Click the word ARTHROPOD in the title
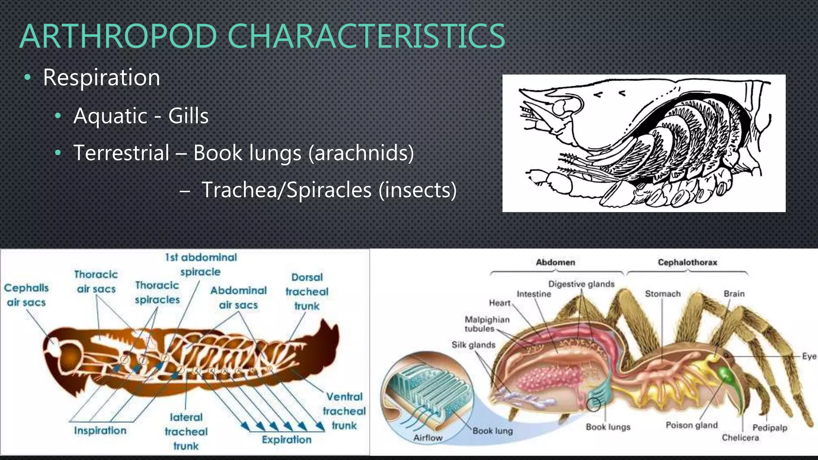tap(118, 37)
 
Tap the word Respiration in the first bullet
tap(101, 77)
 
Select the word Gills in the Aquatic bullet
tap(188, 116)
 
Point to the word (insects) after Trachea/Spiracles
tap(417, 190)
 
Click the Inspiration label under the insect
tap(100, 430)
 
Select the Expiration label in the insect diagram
tap(286, 440)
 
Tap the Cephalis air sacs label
tap(26, 295)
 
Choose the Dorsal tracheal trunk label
tap(307, 291)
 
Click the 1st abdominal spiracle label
tap(201, 264)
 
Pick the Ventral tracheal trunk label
tap(344, 411)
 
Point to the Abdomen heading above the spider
tap(555, 262)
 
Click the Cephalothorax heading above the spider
tap(687, 262)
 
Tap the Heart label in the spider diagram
tap(500, 303)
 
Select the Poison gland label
tap(691, 425)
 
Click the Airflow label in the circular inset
tap(428, 438)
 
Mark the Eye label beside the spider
tap(809, 356)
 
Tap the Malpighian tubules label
tap(487, 324)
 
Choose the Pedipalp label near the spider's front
tap(770, 428)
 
